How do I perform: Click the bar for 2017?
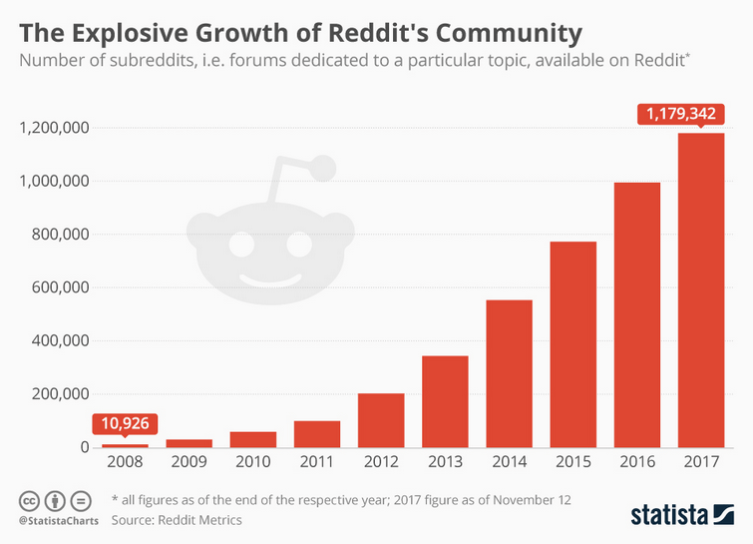[x=700, y=289]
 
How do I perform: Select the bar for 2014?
[x=509, y=373]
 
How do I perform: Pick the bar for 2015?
[x=572, y=344]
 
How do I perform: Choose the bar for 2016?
[x=636, y=314]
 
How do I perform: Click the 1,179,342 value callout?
[x=680, y=114]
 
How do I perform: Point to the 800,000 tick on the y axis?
[x=54, y=235]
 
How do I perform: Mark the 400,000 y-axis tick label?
[x=54, y=340]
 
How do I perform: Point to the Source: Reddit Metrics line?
[x=177, y=520]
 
